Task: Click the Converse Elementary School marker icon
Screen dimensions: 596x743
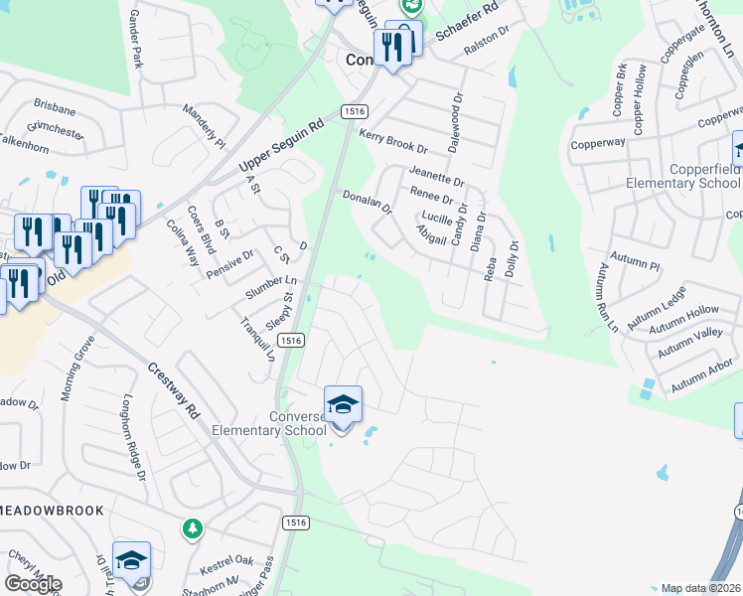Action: tap(343, 405)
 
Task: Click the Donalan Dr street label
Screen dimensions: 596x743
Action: tap(368, 203)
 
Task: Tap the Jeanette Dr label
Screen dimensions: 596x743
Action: tap(436, 181)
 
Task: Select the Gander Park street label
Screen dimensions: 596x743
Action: tap(137, 40)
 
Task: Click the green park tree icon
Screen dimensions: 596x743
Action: tap(192, 529)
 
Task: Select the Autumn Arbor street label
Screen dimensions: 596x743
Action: tap(702, 377)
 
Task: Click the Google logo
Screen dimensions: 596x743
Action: tap(32, 584)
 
